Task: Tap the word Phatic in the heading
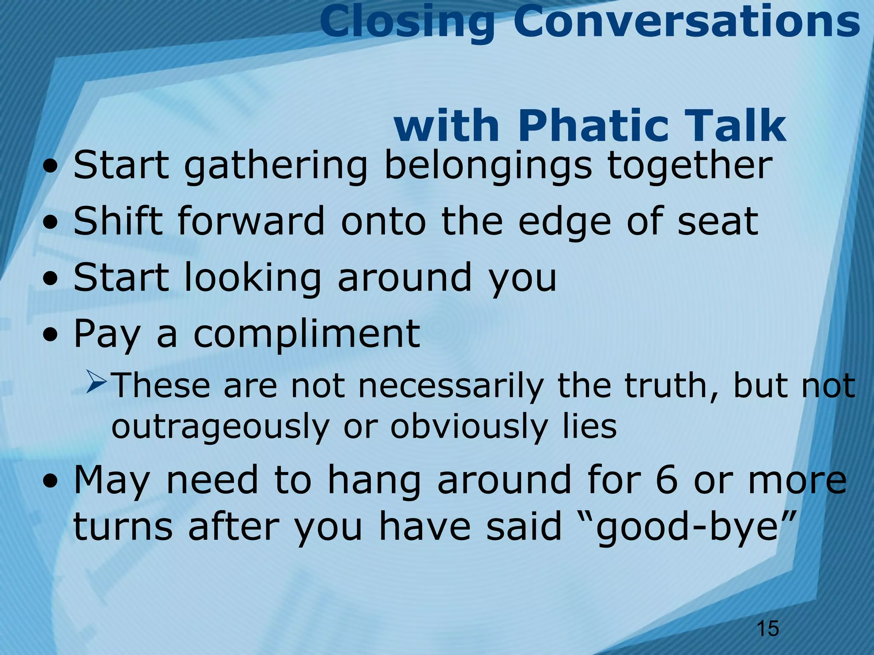pos(593,126)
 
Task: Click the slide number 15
pos(767,629)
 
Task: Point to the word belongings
pos(488,166)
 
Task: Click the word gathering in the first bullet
pos(275,166)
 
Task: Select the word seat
pos(718,222)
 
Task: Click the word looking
pos(252,278)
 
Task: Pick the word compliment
pos(307,335)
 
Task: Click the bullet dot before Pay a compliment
pos(51,335)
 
